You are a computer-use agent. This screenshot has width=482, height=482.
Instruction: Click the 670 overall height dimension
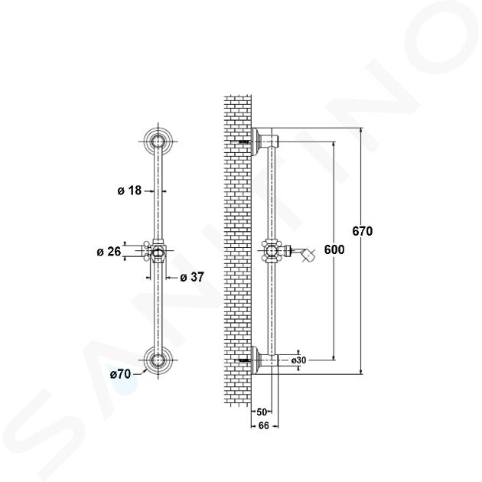(x=363, y=231)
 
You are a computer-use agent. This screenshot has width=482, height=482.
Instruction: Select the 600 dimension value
(x=334, y=249)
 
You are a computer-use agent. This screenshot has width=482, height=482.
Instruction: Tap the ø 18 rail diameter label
(x=129, y=191)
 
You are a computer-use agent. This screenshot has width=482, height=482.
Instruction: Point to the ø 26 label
(x=109, y=252)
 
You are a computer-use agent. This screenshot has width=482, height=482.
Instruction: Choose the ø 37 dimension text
(x=192, y=277)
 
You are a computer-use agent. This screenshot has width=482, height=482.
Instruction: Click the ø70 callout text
(x=121, y=374)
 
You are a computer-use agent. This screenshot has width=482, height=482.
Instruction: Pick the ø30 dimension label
(x=299, y=360)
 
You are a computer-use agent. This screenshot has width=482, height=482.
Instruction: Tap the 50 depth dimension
(x=262, y=412)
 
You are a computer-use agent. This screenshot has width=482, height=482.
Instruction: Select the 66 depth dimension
(x=264, y=425)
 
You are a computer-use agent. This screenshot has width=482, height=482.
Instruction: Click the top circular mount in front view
(x=158, y=142)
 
